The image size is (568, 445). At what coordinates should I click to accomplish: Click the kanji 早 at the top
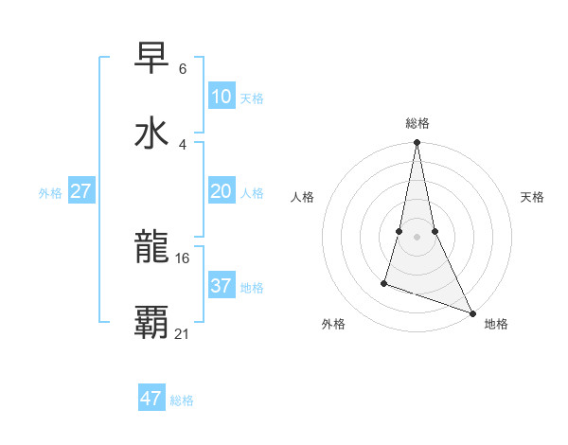point(151,59)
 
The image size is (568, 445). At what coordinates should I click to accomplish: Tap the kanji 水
point(151,133)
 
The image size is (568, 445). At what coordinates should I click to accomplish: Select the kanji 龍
point(151,249)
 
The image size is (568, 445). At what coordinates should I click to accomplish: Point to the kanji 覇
point(151,322)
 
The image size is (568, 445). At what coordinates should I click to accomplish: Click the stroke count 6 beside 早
point(182,69)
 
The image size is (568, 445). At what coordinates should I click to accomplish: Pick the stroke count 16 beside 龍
point(183,258)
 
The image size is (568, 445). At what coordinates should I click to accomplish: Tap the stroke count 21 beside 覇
point(183,332)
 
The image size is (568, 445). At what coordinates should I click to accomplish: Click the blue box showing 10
point(221,97)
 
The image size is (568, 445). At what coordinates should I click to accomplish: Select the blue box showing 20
point(221,191)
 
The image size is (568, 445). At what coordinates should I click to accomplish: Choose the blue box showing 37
point(221,286)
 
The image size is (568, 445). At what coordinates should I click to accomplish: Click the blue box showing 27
point(80,191)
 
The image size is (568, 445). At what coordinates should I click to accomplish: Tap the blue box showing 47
point(151,399)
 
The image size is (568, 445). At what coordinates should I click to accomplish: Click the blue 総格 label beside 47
point(182,400)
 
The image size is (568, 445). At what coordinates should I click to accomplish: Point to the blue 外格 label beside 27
point(50,193)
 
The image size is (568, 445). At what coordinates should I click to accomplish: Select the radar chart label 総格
point(417,123)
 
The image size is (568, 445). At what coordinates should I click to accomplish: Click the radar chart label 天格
point(532,197)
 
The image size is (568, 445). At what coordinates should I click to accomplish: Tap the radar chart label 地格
point(496,324)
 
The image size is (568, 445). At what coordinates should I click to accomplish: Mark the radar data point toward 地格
point(471,312)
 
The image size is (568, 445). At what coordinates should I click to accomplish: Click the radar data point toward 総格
point(417,143)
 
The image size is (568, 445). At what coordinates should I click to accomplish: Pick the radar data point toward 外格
point(384,282)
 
